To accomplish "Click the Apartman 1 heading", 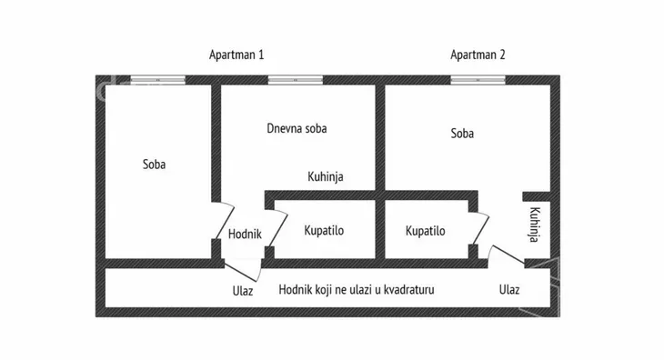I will tap(236, 55).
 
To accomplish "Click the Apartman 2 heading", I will tap(478, 55).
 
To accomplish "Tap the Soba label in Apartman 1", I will tap(155, 165).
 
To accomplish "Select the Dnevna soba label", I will tap(297, 128).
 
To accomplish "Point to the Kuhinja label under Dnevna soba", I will tap(326, 177).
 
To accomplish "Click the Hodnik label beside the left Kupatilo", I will tap(245, 234).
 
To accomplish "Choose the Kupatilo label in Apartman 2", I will tap(426, 231).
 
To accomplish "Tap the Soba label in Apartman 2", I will tap(462, 134).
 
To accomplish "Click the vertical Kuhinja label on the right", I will tap(536, 225).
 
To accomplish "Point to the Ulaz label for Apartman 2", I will tap(509, 291).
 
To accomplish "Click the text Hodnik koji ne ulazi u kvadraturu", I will tap(357, 291).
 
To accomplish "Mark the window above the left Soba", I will tap(157, 81).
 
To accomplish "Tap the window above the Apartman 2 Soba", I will tap(478, 81).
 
